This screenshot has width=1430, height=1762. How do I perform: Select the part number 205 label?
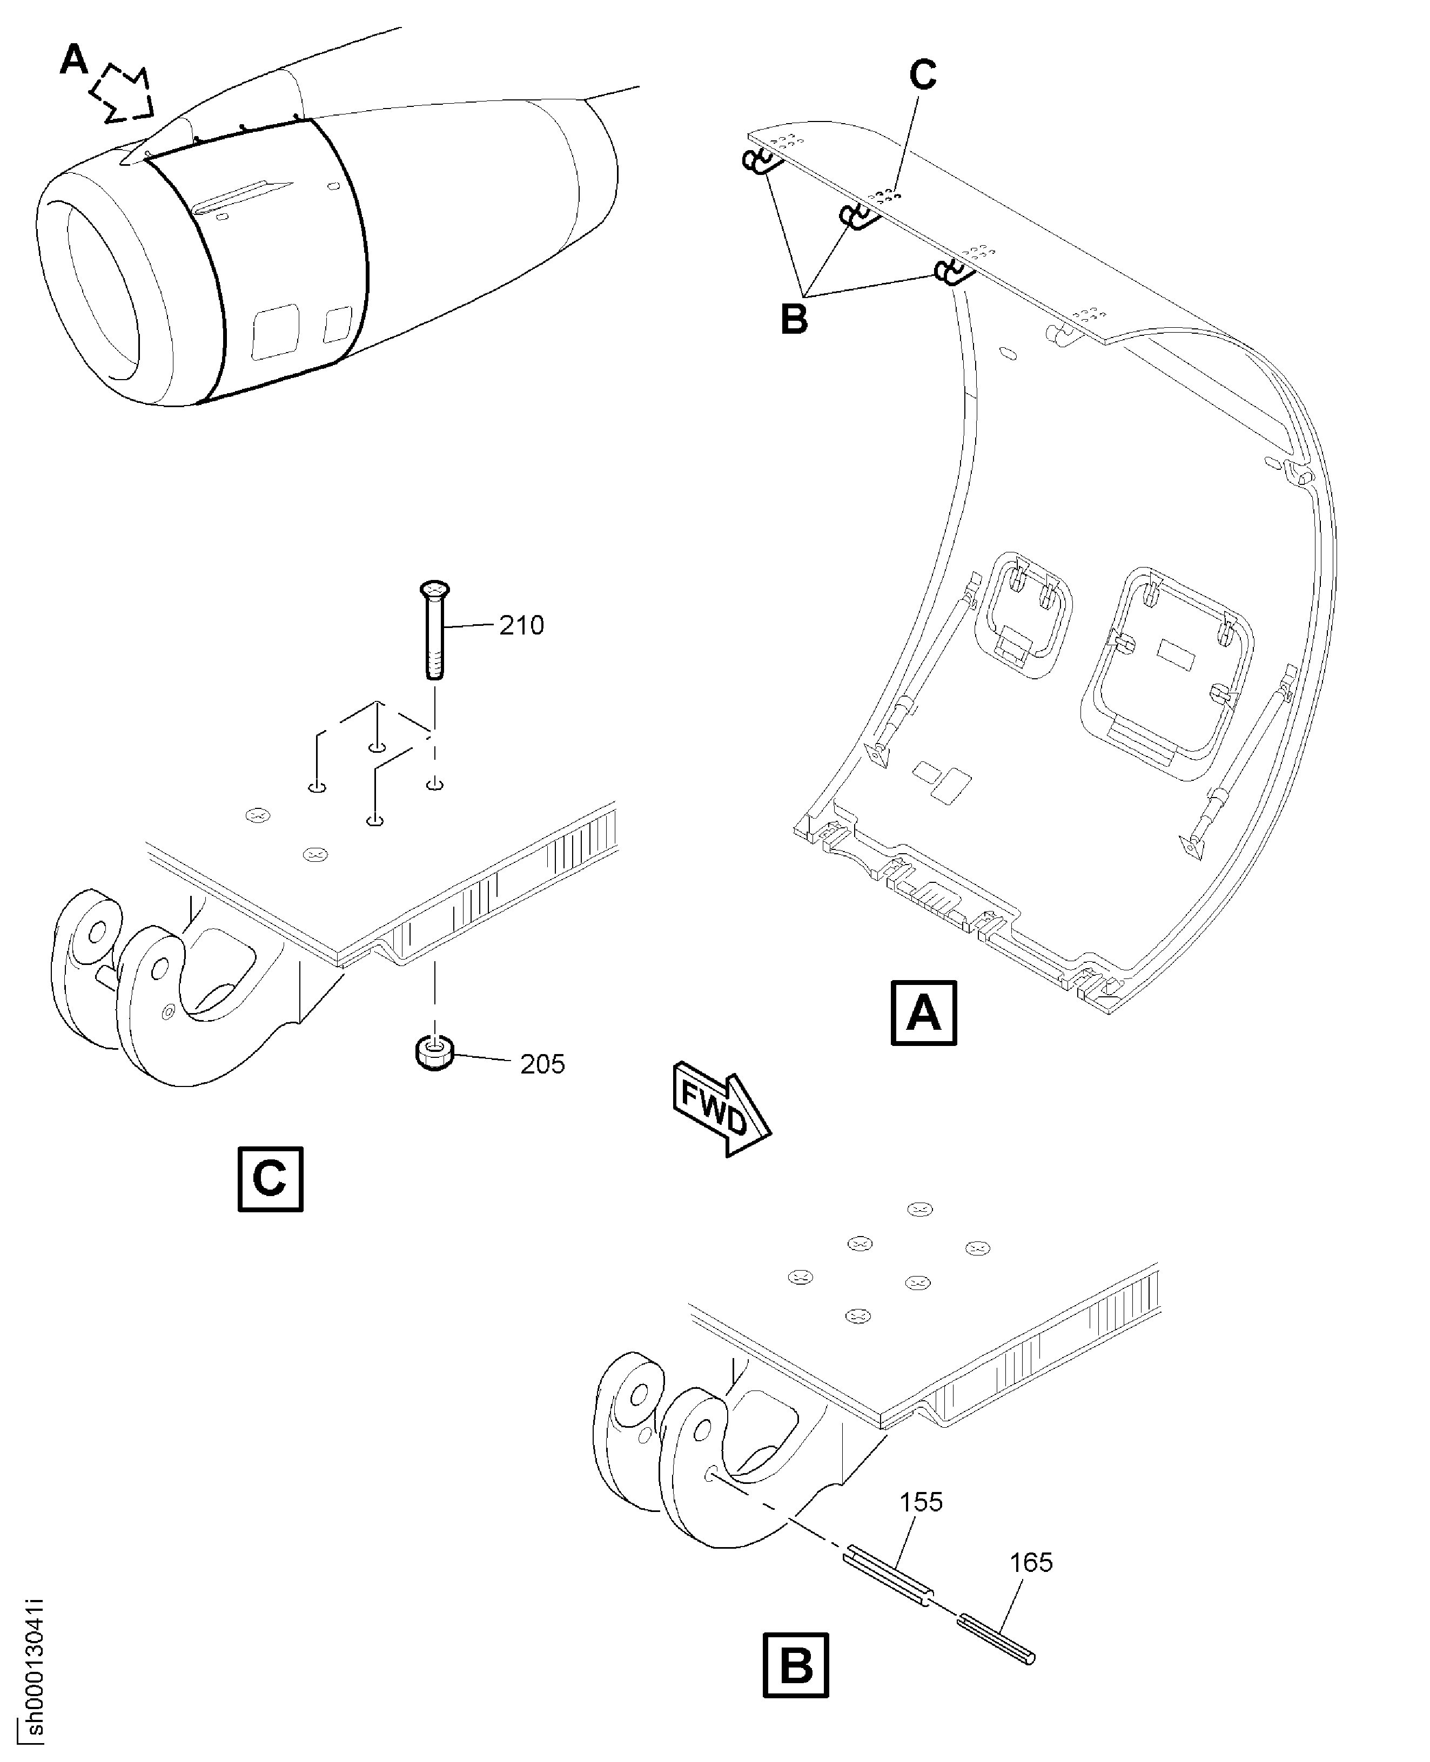tap(542, 1065)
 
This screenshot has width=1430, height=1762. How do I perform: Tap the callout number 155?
tap(921, 1502)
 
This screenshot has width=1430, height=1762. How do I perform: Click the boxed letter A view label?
tap(923, 1012)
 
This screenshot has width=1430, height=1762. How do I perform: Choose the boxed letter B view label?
tap(796, 1665)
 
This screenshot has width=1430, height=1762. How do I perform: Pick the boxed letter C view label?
tap(270, 1179)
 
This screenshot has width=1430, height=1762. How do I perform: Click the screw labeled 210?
tap(435, 630)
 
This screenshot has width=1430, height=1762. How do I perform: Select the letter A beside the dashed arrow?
tap(74, 59)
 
